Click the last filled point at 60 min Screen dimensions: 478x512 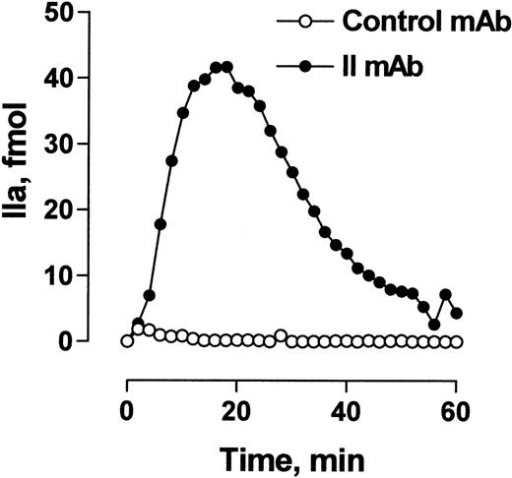pos(456,314)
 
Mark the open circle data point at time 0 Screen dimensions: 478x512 pos(126,340)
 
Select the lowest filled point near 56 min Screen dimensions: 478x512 pos(434,325)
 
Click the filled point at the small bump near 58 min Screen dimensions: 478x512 pos(445,295)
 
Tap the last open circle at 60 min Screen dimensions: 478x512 pos(456,341)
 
